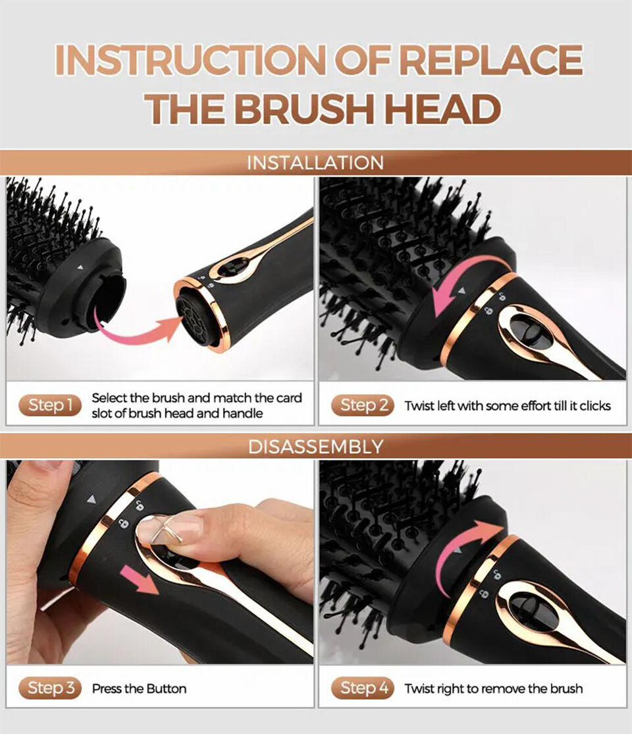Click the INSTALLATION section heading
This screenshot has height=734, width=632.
(315, 163)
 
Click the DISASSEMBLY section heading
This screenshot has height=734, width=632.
(315, 446)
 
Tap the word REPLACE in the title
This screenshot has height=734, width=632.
(490, 61)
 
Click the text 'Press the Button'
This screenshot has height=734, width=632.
(139, 689)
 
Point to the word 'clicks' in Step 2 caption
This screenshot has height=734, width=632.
(594, 406)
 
